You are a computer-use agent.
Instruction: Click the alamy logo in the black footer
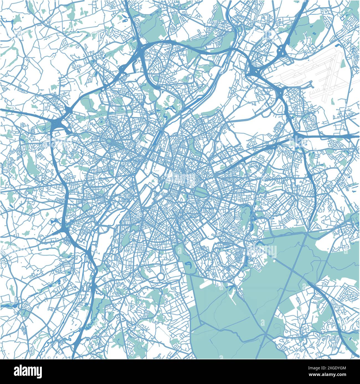[28, 371]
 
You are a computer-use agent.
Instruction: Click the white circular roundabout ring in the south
[161, 276]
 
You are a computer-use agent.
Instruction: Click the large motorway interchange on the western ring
[60, 122]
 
